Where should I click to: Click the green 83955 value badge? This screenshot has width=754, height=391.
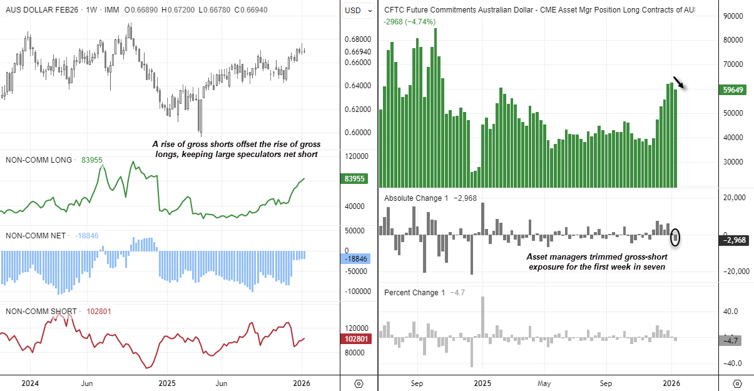[355, 179]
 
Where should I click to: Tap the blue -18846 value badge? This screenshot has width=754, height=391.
[355, 259]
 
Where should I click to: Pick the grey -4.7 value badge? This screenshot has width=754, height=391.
[730, 341]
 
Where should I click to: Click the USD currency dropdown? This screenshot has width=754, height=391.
[359, 10]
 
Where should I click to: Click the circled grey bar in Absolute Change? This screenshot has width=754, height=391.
[675, 237]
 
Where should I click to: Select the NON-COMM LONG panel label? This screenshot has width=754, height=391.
[39, 160]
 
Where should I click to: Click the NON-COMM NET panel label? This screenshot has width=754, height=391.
[36, 236]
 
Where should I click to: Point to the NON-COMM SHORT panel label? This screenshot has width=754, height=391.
[41, 311]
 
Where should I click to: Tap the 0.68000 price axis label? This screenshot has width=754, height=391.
[358, 39]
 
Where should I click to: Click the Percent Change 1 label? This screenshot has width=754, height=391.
[414, 293]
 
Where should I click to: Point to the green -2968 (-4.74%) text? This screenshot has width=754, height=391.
[409, 22]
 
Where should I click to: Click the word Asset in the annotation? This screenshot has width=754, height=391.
[539, 256]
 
